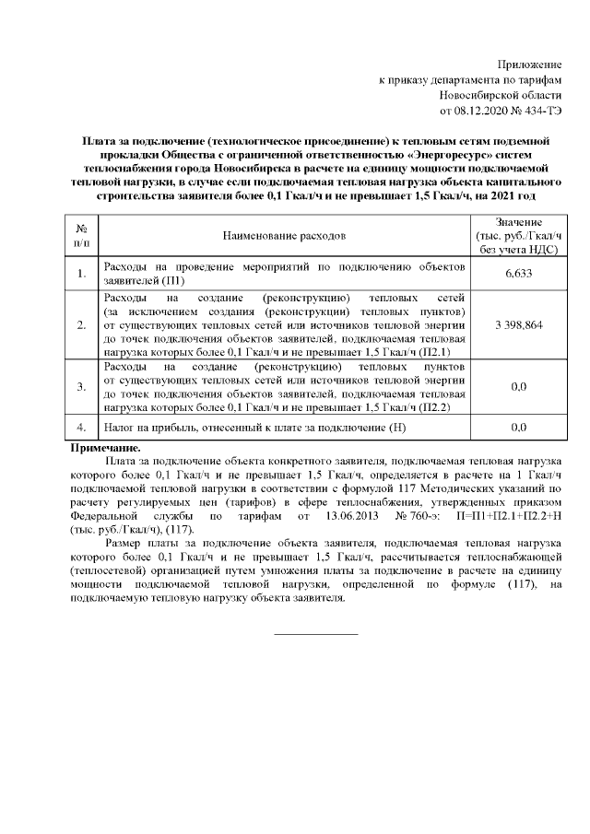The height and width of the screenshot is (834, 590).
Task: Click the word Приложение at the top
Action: tap(529, 65)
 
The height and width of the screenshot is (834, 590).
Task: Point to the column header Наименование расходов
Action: tap(284, 236)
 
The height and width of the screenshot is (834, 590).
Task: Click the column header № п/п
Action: tap(82, 236)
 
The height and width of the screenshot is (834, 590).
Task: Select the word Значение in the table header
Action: tap(518, 223)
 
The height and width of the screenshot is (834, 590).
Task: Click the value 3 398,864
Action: tap(518, 325)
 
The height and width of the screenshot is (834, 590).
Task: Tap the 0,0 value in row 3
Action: tap(518, 387)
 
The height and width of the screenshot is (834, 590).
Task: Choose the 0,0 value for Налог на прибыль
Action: tap(518, 429)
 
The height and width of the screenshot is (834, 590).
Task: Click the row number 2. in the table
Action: tap(82, 325)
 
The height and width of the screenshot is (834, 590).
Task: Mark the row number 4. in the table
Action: tap(82, 429)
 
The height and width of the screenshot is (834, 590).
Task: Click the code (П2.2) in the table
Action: tap(446, 405)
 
